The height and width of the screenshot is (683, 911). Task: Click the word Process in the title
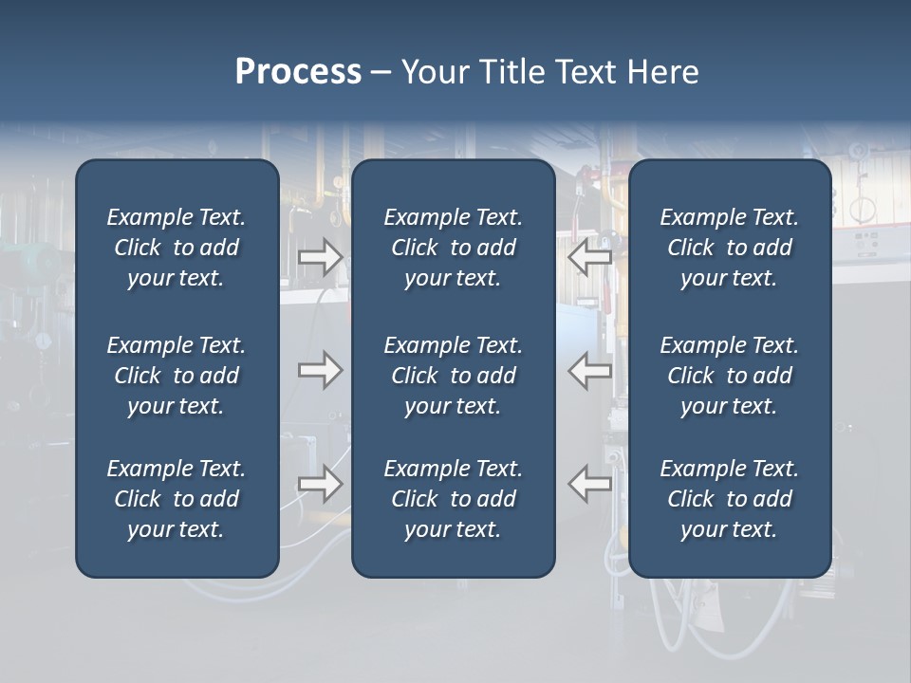[298, 72]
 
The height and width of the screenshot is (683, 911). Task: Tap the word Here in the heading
[661, 72]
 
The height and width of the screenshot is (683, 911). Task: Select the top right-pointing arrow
[320, 257]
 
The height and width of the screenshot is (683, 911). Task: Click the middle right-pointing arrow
[320, 370]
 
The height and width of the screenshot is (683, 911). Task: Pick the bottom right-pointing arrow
[320, 484]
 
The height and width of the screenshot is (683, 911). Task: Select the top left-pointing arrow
[590, 257]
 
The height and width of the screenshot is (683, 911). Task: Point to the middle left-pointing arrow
[590, 370]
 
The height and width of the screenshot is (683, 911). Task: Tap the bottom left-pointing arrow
[590, 484]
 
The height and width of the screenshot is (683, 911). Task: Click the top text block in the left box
[177, 248]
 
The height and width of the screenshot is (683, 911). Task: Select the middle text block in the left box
[177, 376]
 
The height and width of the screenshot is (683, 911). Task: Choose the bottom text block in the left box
[177, 499]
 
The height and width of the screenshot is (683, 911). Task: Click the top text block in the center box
[453, 248]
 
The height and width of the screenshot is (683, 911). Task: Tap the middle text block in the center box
[453, 376]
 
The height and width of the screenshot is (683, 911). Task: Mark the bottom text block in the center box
[453, 499]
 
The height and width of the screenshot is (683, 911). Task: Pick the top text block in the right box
[729, 248]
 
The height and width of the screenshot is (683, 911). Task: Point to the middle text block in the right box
[729, 376]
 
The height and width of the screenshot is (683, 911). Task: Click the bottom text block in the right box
[729, 499]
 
